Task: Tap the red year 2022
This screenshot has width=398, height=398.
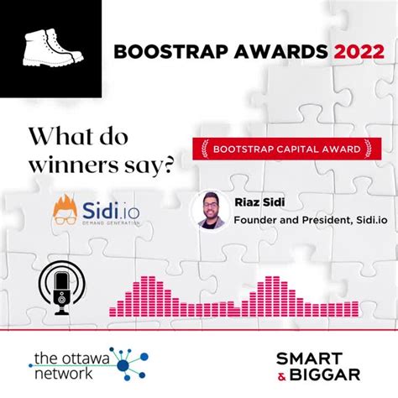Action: click(x=360, y=51)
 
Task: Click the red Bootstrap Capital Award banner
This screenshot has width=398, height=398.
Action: click(x=282, y=149)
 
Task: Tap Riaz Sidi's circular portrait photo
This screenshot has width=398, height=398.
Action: click(x=211, y=211)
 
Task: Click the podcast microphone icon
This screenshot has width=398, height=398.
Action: click(x=61, y=291)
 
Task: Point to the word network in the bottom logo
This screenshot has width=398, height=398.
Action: click(x=65, y=374)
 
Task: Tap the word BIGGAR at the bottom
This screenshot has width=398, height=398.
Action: click(x=329, y=374)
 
